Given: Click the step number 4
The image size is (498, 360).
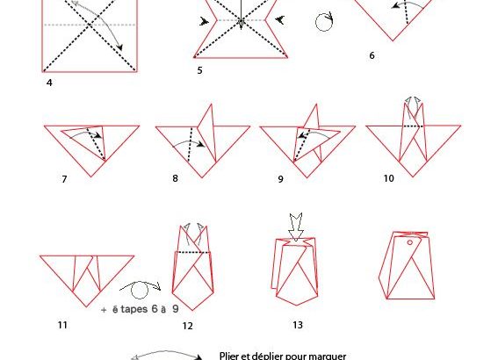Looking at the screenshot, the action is pos(49,83).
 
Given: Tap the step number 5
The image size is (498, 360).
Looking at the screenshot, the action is pos(199,70).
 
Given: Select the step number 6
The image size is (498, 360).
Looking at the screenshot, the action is pos(372,55).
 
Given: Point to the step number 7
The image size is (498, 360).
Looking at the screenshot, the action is pos(64,179).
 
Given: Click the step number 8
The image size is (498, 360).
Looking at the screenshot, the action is pos(175,178).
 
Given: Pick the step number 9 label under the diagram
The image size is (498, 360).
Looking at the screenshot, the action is pos(280,179).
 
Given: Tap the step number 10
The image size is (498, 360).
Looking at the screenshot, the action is pos(389,178).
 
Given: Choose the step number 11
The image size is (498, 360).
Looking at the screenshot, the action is pos(62,325).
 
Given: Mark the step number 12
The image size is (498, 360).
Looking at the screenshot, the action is pos(187,326).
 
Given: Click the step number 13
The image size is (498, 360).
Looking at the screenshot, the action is pos(298,325).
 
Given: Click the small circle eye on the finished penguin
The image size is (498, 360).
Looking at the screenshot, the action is pos(410,243).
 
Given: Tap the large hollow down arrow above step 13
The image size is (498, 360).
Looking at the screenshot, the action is pos(296,227).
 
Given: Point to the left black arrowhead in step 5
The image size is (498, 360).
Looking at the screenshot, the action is pos(204,22).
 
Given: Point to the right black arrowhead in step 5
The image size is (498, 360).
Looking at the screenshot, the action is pos(279,20).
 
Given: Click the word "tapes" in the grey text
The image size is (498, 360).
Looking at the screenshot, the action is pos(134,309).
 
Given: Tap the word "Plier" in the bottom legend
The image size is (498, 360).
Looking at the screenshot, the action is pos(229,356).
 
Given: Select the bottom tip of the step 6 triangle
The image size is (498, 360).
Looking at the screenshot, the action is pos(393,40).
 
